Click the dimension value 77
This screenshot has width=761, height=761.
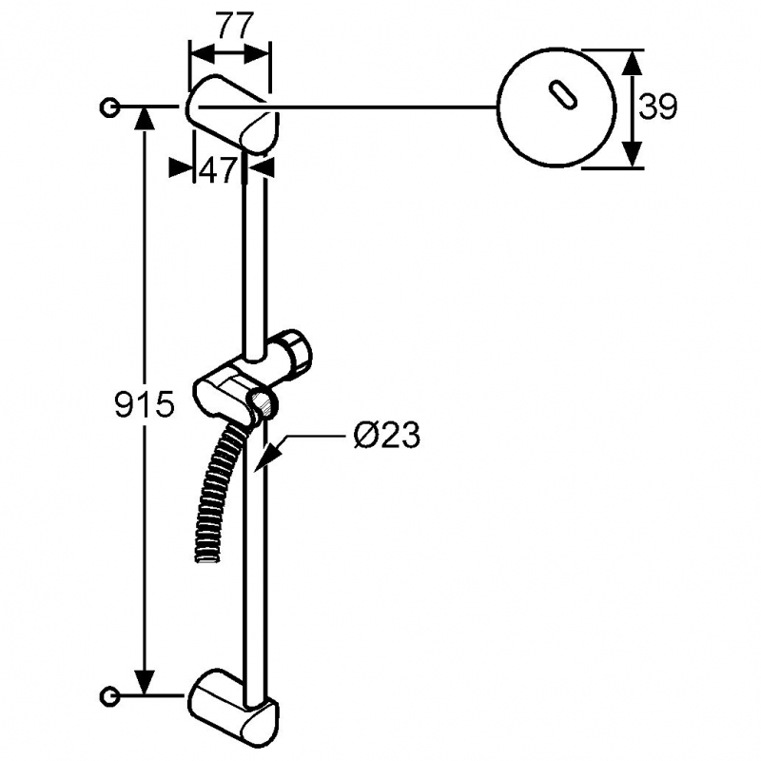[235, 26]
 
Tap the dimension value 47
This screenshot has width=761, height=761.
[218, 170]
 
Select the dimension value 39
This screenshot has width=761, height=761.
[657, 107]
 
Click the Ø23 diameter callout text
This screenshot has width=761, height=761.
[387, 436]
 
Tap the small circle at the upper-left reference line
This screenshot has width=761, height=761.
[109, 107]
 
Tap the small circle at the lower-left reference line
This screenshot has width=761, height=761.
[109, 696]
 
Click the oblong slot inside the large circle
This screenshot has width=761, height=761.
[562, 94]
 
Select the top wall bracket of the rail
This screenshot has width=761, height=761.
[231, 114]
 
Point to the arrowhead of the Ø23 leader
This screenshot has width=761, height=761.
[266, 457]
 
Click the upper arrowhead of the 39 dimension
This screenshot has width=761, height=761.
[632, 63]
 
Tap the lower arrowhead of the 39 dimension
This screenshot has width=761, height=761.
[632, 154]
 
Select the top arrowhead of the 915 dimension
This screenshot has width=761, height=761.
[145, 118]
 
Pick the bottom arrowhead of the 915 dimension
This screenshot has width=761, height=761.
[145, 683]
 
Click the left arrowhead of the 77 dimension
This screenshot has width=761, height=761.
[202, 52]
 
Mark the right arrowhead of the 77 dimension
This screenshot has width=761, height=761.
[257, 52]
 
